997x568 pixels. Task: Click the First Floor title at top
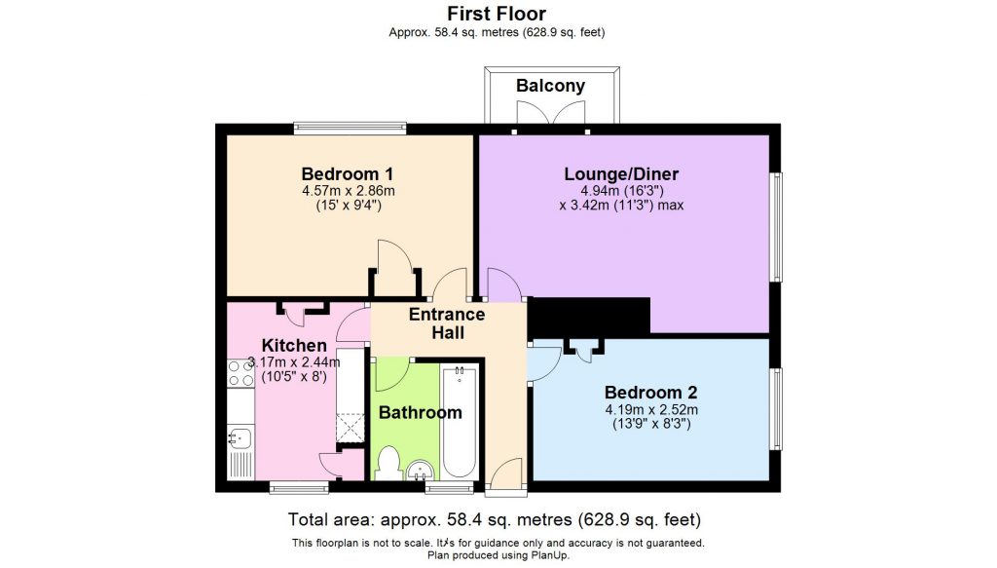[497, 14]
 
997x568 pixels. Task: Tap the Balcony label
[550, 86]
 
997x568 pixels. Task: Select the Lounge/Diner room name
[621, 174]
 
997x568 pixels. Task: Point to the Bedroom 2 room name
[650, 393]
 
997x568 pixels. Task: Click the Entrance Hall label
[447, 323]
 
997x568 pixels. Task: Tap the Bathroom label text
[420, 412]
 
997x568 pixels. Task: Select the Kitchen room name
[294, 346]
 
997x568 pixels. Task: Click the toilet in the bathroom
[388, 463]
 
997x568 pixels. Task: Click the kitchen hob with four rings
[240, 373]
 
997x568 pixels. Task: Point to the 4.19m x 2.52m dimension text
[650, 409]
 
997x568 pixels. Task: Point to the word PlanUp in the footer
[548, 555]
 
